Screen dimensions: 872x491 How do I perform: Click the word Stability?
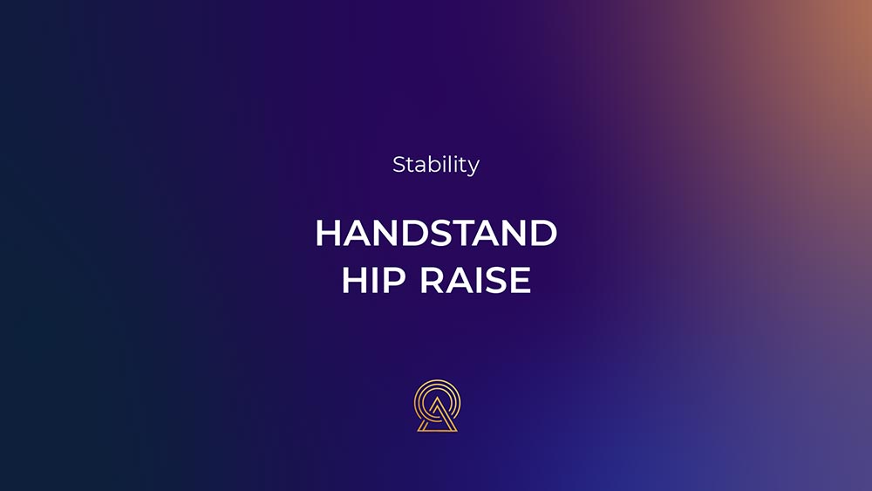click(x=436, y=165)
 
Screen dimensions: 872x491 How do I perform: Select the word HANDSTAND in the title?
click(x=436, y=233)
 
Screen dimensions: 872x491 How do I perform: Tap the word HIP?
click(x=373, y=280)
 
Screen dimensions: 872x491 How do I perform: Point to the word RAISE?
click(x=475, y=280)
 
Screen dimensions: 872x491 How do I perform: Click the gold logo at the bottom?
click(x=437, y=406)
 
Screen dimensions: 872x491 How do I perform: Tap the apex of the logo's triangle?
click(x=437, y=399)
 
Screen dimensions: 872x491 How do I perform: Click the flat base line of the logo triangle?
click(x=437, y=430)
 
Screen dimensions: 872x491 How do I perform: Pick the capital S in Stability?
click(x=399, y=165)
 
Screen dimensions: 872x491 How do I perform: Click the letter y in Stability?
click(x=473, y=167)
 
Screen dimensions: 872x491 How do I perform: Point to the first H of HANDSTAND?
click(x=328, y=233)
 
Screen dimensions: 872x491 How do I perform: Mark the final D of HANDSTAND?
click(x=543, y=233)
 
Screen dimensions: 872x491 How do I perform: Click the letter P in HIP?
click(x=394, y=280)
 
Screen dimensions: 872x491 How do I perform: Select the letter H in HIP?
click(x=354, y=280)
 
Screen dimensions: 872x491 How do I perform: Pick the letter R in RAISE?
click(x=432, y=280)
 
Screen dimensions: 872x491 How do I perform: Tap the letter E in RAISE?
click(x=521, y=280)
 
